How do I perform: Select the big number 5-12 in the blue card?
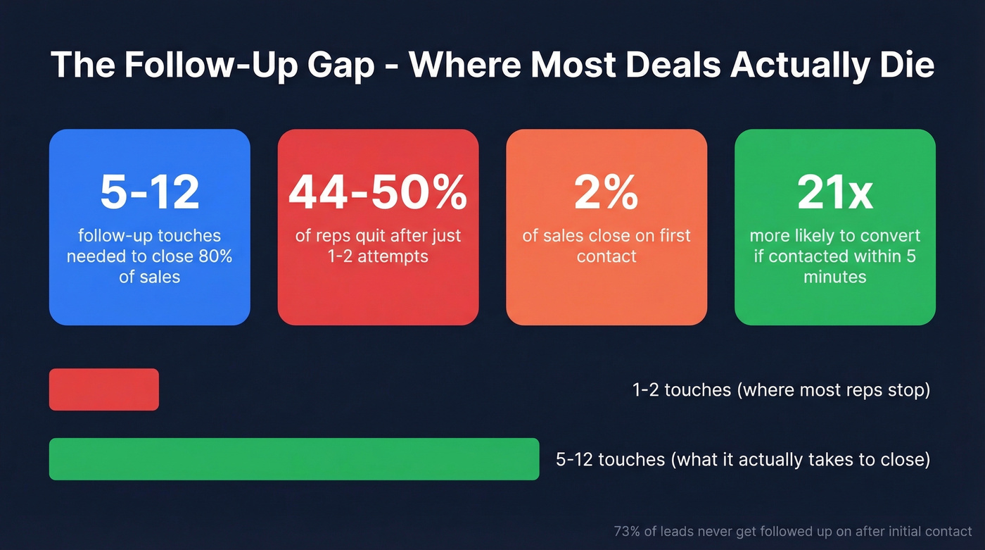tap(149, 192)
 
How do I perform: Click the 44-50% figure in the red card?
tap(378, 192)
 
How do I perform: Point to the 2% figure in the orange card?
tap(606, 192)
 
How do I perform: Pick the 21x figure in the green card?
tap(834, 192)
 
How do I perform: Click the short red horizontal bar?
tap(103, 389)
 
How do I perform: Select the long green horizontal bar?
tap(293, 459)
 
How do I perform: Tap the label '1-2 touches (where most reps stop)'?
tap(781, 389)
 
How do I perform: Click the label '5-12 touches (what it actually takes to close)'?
tap(742, 460)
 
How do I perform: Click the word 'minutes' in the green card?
tap(835, 277)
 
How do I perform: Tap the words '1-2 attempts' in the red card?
tap(378, 256)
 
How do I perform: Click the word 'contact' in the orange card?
tap(606, 256)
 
